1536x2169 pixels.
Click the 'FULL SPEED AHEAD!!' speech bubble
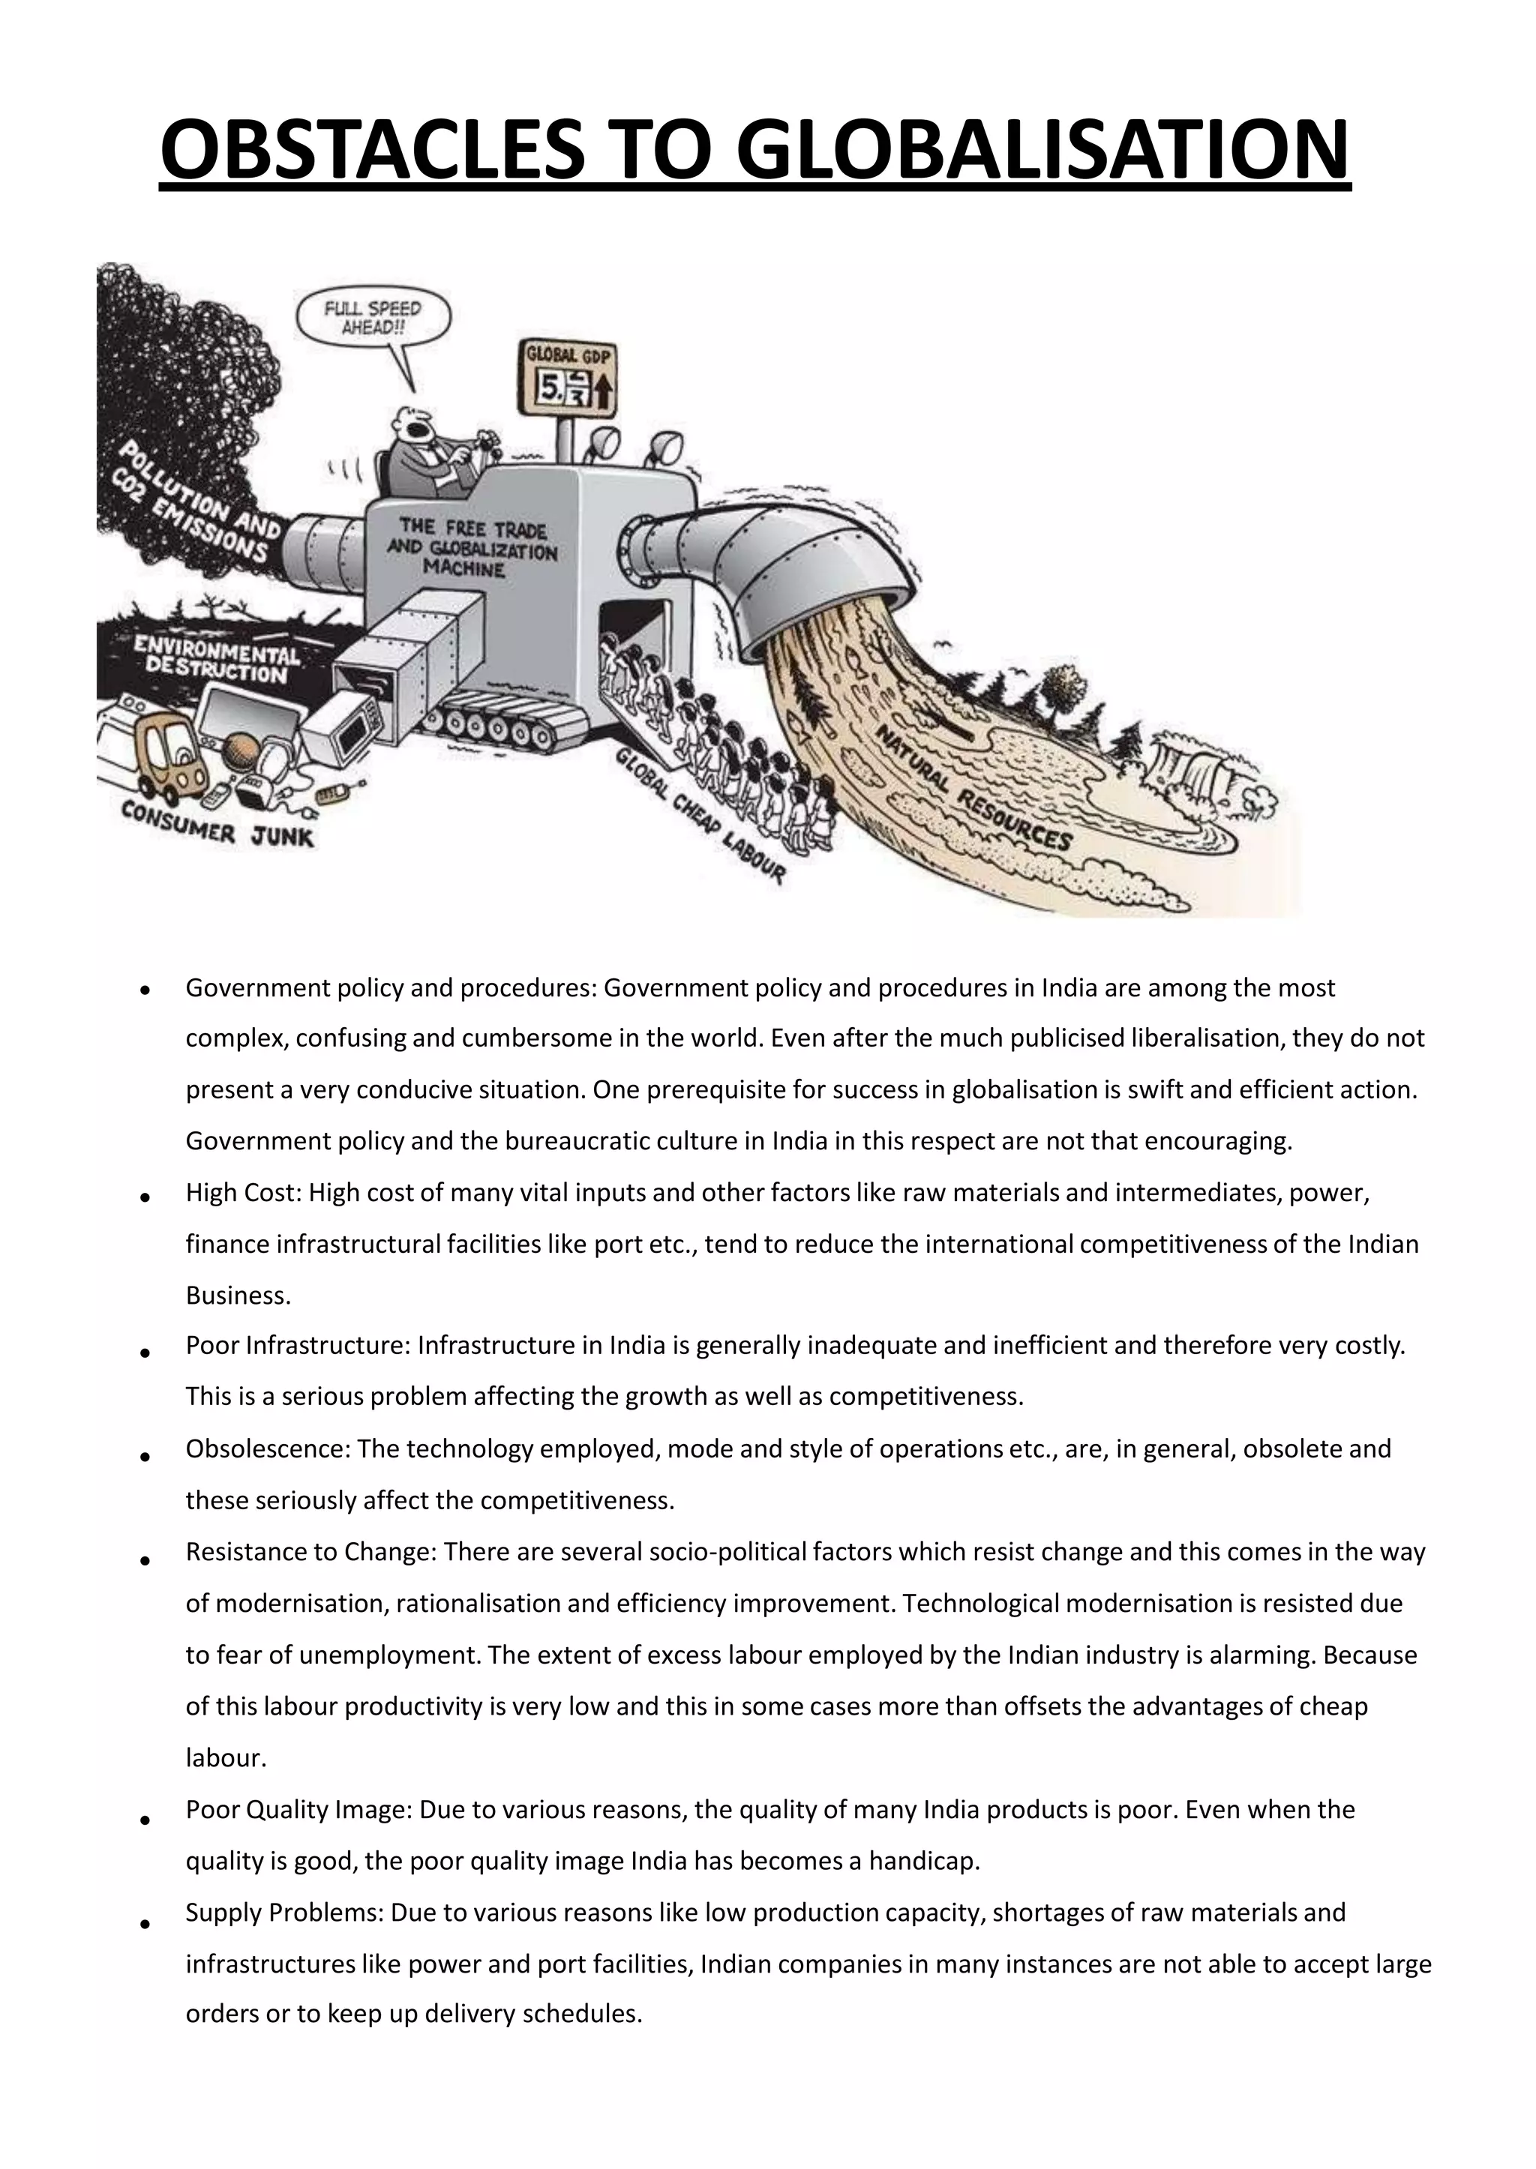[x=373, y=318]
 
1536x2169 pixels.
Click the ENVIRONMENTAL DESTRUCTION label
[x=217, y=658]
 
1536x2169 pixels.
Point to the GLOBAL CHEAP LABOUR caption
[x=700, y=814]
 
